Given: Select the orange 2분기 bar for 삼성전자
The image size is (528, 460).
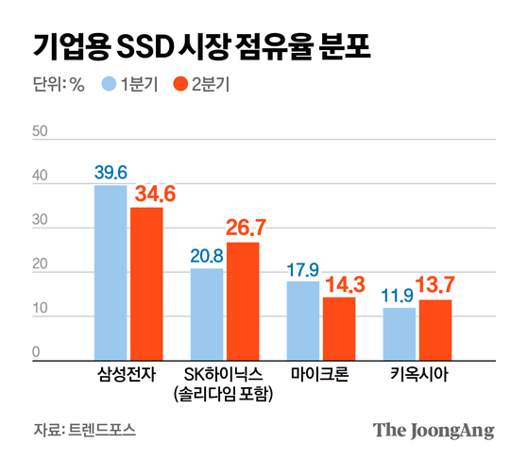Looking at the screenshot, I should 146,282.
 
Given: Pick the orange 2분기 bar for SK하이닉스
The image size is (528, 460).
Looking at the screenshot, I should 243,299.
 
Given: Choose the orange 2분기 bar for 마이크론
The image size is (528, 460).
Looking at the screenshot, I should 339,327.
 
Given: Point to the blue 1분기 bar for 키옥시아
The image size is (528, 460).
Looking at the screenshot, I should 399,332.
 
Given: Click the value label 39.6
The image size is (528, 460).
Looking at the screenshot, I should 111,172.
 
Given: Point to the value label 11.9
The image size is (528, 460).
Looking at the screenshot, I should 399,295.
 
